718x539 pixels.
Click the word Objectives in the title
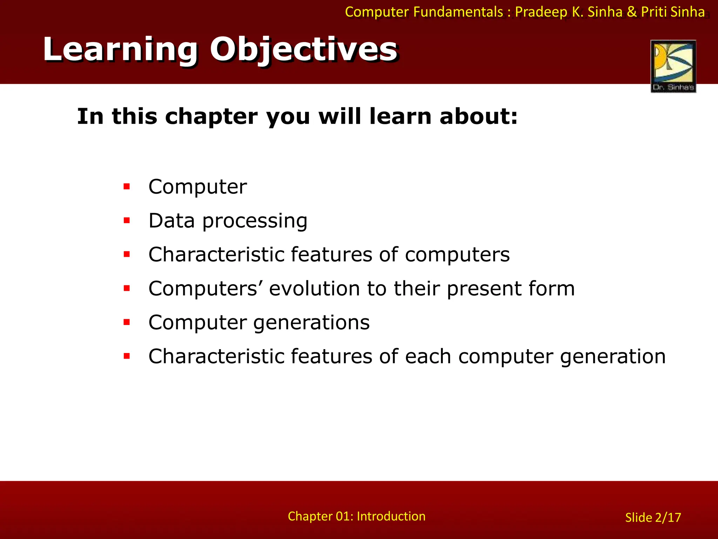[x=303, y=50]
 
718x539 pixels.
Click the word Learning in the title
[x=120, y=50]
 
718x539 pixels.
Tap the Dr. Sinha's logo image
[x=673, y=66]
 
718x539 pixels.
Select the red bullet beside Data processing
[x=127, y=221]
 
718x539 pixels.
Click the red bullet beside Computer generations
[x=127, y=322]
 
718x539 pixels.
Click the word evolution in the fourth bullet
[x=314, y=288]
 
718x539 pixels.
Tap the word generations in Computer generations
[x=311, y=323]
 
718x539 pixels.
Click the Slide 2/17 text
[x=653, y=517]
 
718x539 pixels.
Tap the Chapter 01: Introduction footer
[x=357, y=516]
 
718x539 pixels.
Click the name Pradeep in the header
[x=541, y=12]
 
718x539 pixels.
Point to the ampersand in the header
[x=631, y=12]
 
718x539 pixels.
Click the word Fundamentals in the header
[x=458, y=12]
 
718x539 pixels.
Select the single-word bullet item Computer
[x=197, y=187]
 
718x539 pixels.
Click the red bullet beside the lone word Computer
[x=127, y=187]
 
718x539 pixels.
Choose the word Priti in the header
[x=654, y=12]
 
